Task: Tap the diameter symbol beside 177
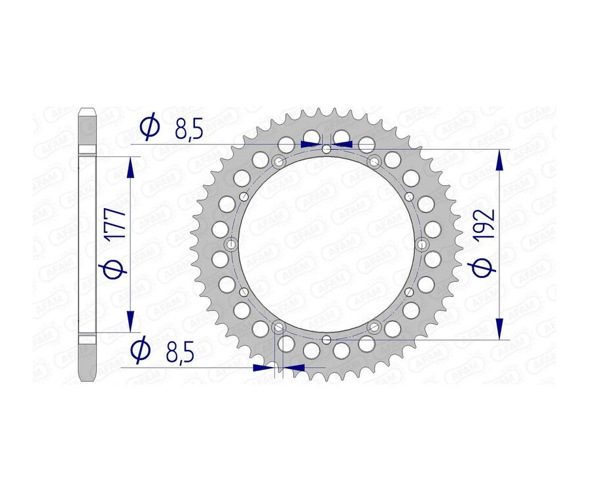pos(115,268)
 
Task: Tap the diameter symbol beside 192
pos(484,267)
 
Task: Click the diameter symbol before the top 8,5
pos(149,127)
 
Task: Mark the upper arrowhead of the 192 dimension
pos(501,160)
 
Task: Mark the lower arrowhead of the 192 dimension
pos(501,328)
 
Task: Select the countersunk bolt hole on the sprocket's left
pos(232,244)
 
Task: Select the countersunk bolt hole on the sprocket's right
pos(421,244)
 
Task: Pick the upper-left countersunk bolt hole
pos(279,162)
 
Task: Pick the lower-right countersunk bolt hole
pos(374,326)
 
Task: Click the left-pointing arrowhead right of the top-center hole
pos(344,143)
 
